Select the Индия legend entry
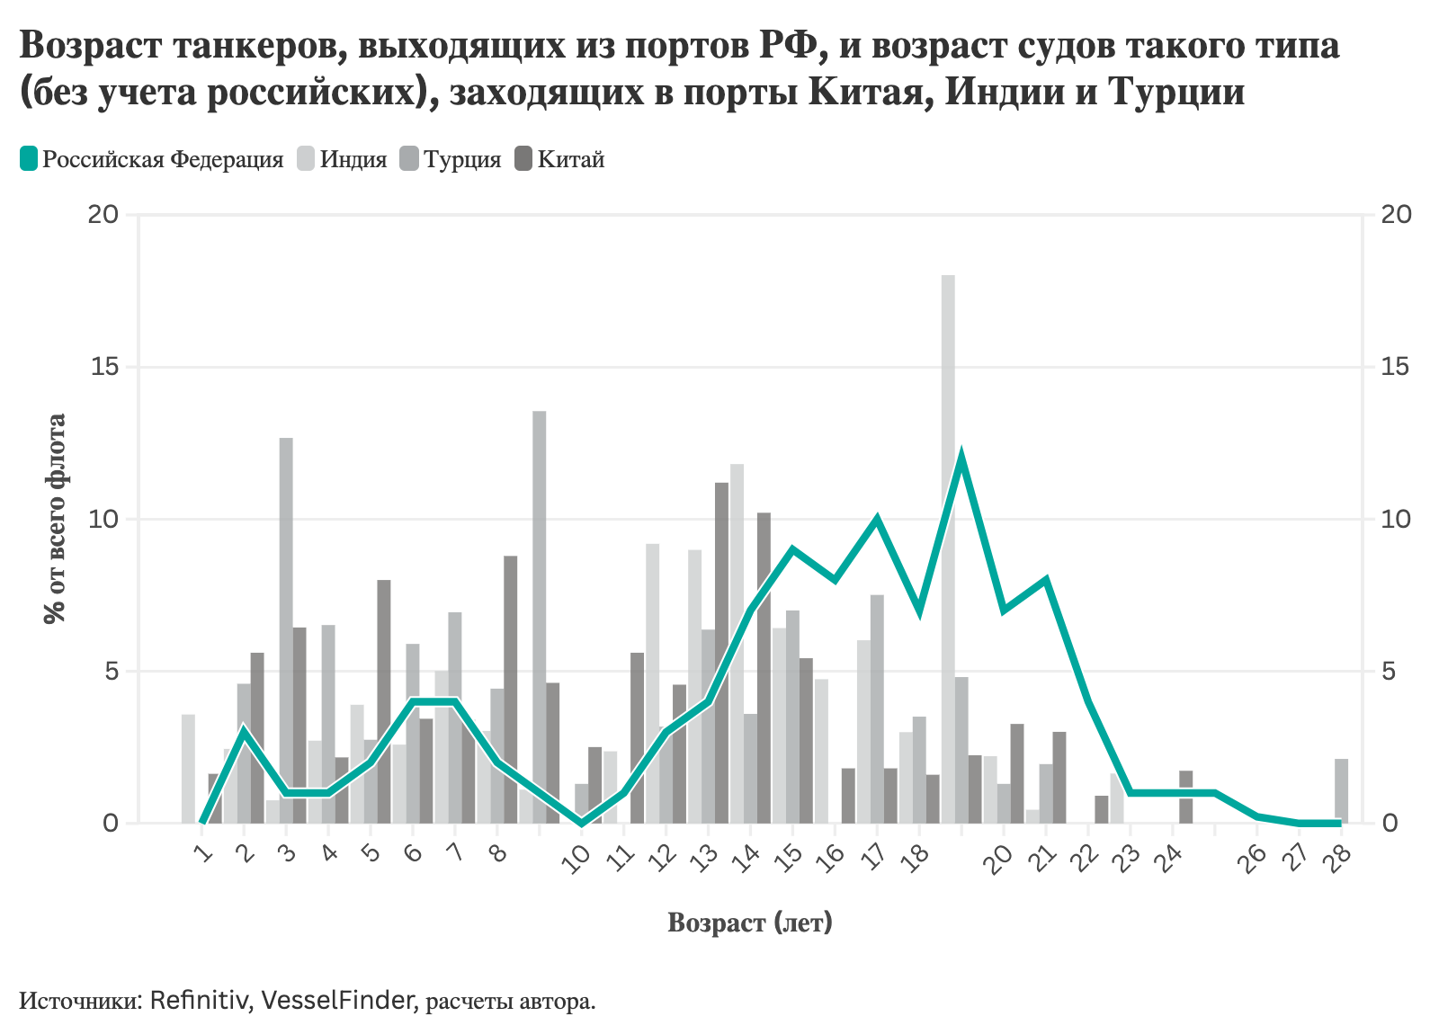click(343, 160)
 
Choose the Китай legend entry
click(559, 160)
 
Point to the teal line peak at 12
click(961, 457)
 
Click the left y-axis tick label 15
click(104, 368)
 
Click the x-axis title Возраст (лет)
click(750, 923)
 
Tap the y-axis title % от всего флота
click(56, 519)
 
